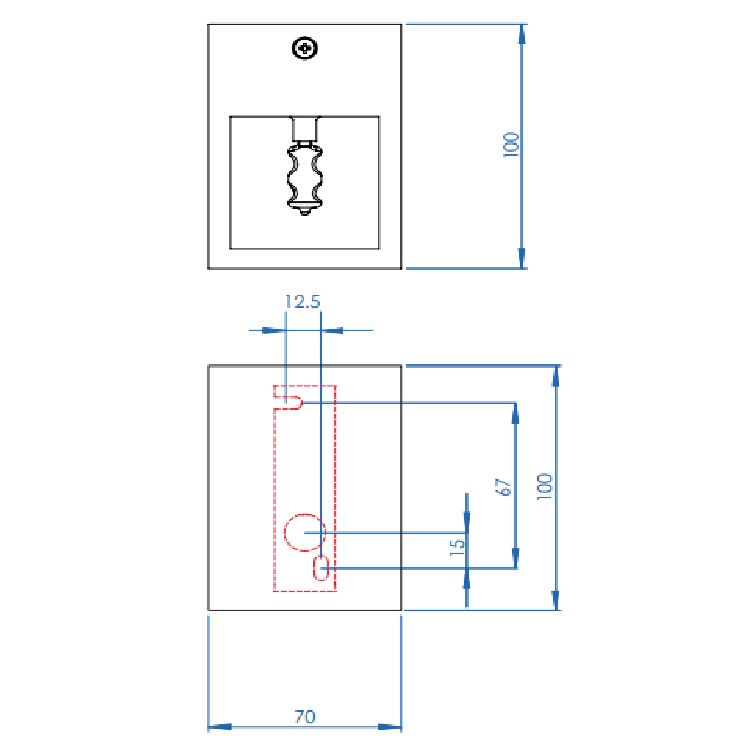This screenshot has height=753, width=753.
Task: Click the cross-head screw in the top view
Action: point(305,48)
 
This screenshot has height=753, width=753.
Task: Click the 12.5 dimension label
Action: point(302,302)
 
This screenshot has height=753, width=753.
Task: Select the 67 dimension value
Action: point(504,487)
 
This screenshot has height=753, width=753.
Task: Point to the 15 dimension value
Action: point(457,547)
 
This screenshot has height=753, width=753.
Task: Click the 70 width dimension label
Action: point(305,716)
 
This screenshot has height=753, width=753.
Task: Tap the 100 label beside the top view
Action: point(511,144)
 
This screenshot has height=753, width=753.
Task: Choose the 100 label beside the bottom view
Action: point(544,486)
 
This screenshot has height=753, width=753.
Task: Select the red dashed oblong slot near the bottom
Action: point(321,568)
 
